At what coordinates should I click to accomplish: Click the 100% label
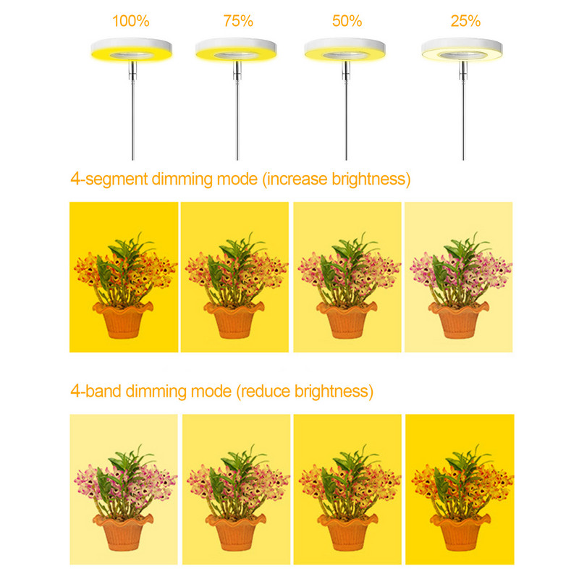(130, 21)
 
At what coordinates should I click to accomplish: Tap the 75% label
(238, 21)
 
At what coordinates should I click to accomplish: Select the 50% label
(347, 21)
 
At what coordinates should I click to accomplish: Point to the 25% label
(465, 21)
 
